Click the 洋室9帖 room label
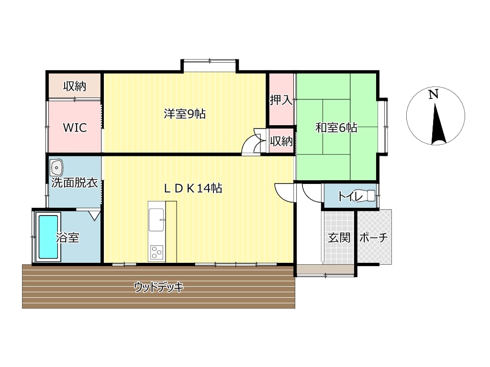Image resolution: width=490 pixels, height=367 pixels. click(185, 114)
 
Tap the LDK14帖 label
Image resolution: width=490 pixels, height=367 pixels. click(193, 188)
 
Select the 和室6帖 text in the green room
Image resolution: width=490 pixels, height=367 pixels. click(336, 128)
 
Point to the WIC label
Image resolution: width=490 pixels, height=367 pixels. click(75, 128)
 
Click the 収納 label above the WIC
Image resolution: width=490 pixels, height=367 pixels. click(75, 86)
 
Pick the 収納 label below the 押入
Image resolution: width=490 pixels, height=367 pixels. click(281, 141)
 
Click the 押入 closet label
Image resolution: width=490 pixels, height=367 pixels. click(281, 100)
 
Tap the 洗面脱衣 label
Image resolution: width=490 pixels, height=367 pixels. click(75, 183)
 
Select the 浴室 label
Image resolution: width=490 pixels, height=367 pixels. click(67, 237)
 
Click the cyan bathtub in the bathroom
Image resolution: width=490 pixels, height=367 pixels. click(48, 237)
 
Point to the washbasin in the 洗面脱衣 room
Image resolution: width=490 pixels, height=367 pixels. click(56, 168)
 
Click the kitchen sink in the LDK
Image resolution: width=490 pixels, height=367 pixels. click(156, 220)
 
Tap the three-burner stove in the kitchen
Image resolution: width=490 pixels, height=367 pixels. click(156, 252)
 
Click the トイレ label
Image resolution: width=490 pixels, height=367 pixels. click(350, 196)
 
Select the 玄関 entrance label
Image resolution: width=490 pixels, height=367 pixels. click(339, 238)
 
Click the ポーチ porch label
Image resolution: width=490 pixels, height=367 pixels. click(374, 238)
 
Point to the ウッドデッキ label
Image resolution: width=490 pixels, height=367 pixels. click(159, 287)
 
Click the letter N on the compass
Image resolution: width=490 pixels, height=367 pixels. click(433, 94)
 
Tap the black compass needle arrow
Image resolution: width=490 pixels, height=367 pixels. click(438, 124)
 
